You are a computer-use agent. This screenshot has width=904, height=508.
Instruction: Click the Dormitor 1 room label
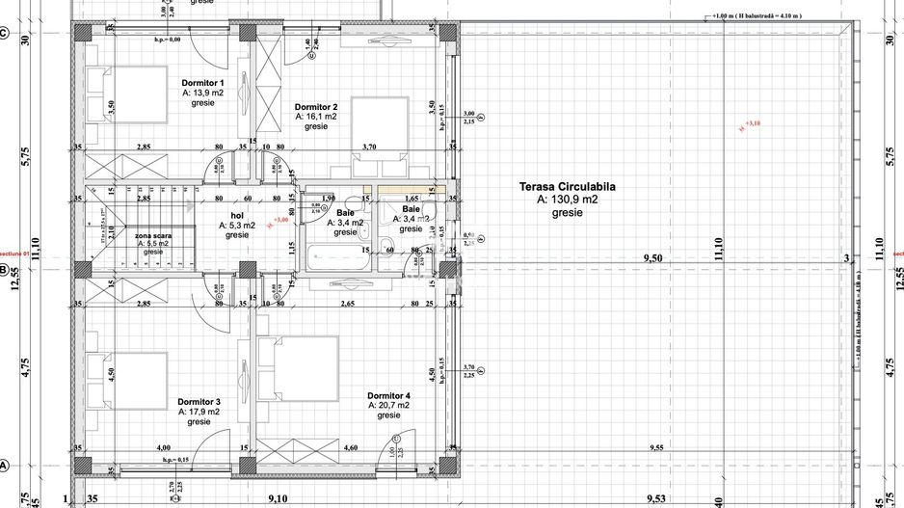click(x=202, y=83)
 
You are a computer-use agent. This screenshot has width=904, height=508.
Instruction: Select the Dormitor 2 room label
click(x=316, y=106)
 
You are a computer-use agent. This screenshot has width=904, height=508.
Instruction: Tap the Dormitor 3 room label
click(x=199, y=401)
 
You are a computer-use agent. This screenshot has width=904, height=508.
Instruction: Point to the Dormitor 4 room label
click(x=388, y=395)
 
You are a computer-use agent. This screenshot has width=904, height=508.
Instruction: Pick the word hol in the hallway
click(x=237, y=216)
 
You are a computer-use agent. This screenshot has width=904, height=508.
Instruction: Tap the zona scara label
click(x=153, y=235)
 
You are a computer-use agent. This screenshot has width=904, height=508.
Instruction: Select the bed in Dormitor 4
click(x=304, y=367)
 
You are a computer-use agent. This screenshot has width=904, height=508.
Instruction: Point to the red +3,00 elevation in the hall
click(x=281, y=220)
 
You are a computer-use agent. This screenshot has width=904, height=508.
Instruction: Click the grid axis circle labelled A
click(x=4, y=465)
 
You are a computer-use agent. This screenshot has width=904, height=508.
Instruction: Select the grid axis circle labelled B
click(x=4, y=270)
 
